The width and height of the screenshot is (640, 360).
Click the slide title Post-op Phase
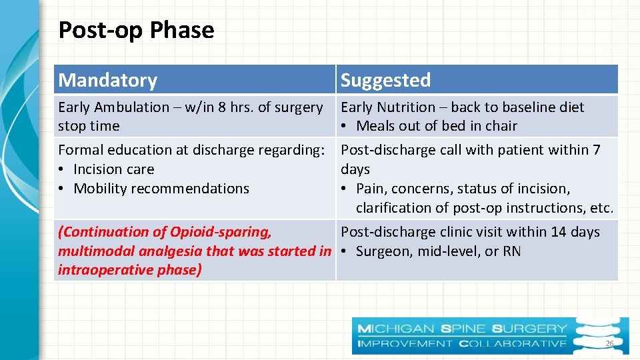pyautogui.click(x=136, y=30)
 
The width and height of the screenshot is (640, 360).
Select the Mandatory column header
pyautogui.click(x=107, y=80)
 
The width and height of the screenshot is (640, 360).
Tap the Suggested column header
pyautogui.click(x=385, y=80)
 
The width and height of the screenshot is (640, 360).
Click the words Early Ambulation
pyautogui.click(x=113, y=107)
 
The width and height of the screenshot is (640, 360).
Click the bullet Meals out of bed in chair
pyautogui.click(x=436, y=126)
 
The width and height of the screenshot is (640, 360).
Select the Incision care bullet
pyautogui.click(x=113, y=169)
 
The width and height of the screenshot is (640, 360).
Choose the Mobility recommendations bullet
pyautogui.click(x=161, y=189)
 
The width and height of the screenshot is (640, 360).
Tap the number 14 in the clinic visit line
pyautogui.click(x=559, y=232)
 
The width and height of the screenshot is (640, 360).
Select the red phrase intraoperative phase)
pyautogui.click(x=129, y=270)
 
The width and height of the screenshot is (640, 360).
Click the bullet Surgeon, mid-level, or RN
pyautogui.click(x=438, y=251)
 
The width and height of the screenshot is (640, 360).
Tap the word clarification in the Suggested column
pyautogui.click(x=401, y=208)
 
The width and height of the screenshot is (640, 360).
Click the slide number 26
pyautogui.click(x=609, y=343)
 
